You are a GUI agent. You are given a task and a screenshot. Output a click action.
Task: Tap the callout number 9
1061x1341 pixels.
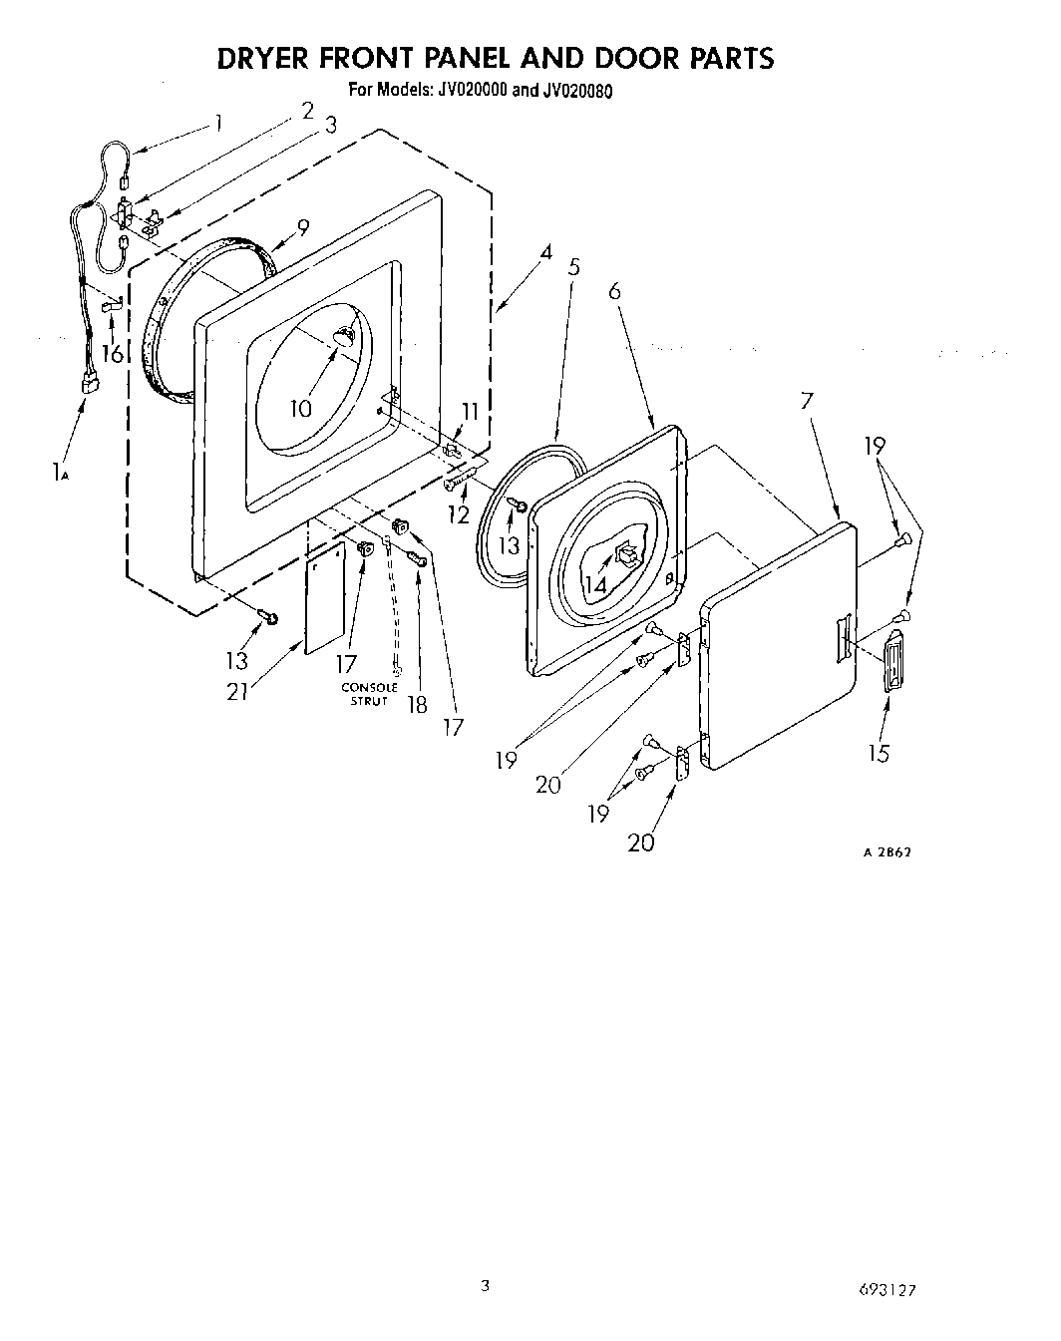point(303,226)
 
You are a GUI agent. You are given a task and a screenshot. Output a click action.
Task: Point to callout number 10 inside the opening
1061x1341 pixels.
point(301,408)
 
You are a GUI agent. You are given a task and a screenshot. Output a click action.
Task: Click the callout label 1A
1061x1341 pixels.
point(59,474)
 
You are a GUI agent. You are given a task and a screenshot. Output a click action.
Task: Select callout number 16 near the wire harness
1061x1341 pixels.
point(112,352)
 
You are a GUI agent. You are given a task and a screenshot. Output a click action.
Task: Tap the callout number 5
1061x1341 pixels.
point(573,267)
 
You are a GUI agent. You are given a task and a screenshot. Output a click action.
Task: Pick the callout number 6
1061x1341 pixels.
point(614,290)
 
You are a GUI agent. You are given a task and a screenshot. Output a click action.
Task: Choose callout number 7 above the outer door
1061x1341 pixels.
point(807,401)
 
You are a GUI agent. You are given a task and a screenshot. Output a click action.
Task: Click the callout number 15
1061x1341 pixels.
point(878,753)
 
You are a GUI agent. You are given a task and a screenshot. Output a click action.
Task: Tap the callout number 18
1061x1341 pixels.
point(417,704)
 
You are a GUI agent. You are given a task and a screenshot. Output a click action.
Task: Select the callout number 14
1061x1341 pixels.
point(594,585)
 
